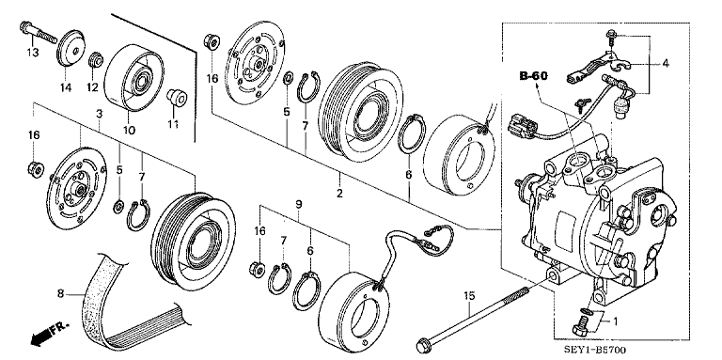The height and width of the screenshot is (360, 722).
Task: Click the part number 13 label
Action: point(32,53)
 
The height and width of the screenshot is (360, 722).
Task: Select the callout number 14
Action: point(67,87)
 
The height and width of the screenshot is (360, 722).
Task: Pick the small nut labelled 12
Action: point(95,63)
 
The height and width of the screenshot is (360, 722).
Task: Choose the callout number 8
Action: point(61,295)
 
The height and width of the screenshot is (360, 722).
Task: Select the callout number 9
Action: point(298,204)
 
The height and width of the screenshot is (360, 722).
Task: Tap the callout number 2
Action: point(339,195)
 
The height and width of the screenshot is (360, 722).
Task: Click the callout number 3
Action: point(98,113)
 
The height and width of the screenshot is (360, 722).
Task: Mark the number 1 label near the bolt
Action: point(615,321)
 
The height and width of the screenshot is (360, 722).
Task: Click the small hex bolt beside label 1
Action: point(579,326)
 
